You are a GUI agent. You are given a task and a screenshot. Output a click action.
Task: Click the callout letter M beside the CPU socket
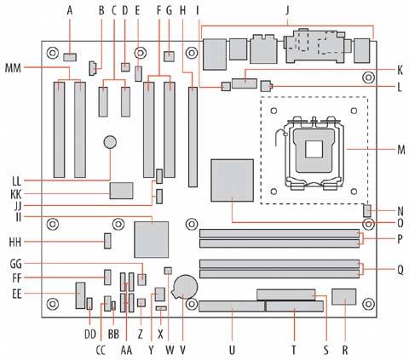(400, 149)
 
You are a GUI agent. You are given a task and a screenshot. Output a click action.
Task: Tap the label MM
(13, 68)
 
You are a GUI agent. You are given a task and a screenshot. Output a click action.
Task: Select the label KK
(16, 195)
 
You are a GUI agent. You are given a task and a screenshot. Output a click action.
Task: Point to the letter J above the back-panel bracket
(287, 11)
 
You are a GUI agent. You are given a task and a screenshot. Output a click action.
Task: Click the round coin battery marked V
(185, 286)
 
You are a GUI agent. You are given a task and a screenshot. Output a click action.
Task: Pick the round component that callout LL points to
(110, 142)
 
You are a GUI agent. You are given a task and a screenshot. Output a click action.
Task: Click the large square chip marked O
(232, 180)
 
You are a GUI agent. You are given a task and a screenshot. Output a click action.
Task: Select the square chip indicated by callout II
(152, 239)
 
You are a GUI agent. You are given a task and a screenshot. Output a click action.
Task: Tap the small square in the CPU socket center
(314, 149)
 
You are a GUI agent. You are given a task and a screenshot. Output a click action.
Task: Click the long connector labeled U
(232, 306)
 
